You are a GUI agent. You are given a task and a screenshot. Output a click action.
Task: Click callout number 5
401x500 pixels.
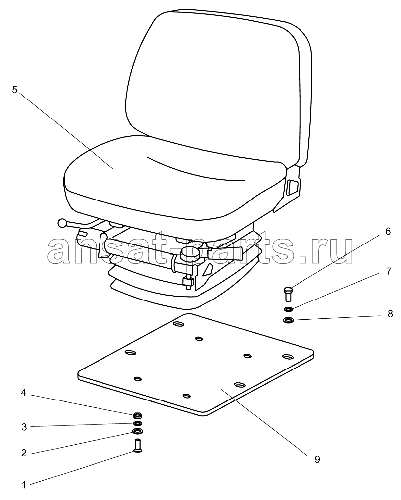[x=14, y=90]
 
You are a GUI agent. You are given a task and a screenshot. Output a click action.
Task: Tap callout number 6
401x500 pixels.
[x=388, y=231]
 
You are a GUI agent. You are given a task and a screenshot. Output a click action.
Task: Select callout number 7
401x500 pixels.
[x=388, y=271]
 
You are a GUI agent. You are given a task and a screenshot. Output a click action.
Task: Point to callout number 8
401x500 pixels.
[x=390, y=314]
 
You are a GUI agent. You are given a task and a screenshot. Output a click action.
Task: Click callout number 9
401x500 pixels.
[x=317, y=460]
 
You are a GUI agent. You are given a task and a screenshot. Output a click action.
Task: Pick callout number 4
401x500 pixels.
[x=23, y=393]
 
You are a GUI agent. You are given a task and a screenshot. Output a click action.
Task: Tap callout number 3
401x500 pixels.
[x=24, y=427]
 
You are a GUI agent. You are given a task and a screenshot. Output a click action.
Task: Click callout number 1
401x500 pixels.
[x=24, y=486]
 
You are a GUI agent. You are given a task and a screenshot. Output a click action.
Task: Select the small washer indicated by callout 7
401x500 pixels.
[x=288, y=309]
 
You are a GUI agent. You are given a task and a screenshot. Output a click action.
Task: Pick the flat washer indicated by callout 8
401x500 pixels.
[x=289, y=319]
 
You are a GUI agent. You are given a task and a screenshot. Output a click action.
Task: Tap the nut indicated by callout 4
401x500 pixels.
[x=137, y=415]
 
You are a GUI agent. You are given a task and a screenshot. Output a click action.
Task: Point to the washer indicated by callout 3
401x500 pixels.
[x=138, y=423]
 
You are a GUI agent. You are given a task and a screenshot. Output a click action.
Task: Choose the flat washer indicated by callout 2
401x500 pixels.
[x=137, y=431]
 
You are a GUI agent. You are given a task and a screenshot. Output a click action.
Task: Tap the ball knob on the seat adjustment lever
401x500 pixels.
[x=62, y=223]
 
